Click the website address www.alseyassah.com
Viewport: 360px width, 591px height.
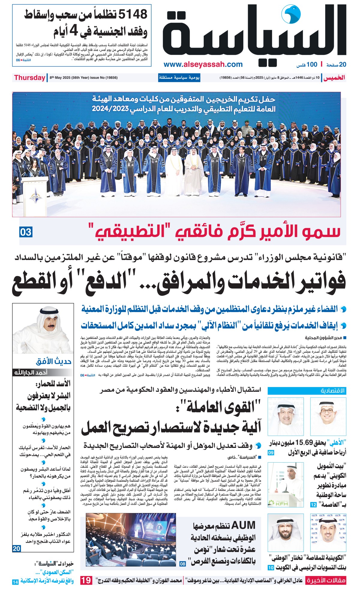(x=203, y=64)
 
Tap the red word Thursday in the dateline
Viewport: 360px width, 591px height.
(x=29, y=78)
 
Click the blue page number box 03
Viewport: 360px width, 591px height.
(x=26, y=232)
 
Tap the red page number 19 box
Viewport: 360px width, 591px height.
(x=86, y=580)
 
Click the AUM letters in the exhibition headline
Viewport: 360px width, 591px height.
(x=239, y=525)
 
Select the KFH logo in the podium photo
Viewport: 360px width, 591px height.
(x=278, y=503)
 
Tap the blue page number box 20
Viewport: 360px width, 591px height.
(x=16, y=548)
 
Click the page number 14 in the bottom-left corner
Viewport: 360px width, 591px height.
(x=15, y=582)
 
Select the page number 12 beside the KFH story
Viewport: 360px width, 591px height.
(x=313, y=505)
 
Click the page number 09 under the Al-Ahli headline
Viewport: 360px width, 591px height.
(x=271, y=453)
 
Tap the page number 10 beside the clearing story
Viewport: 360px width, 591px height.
(x=271, y=568)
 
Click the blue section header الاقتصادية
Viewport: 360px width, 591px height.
(x=307, y=391)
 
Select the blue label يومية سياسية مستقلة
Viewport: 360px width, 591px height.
(x=179, y=78)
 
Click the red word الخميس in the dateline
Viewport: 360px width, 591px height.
(x=334, y=78)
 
